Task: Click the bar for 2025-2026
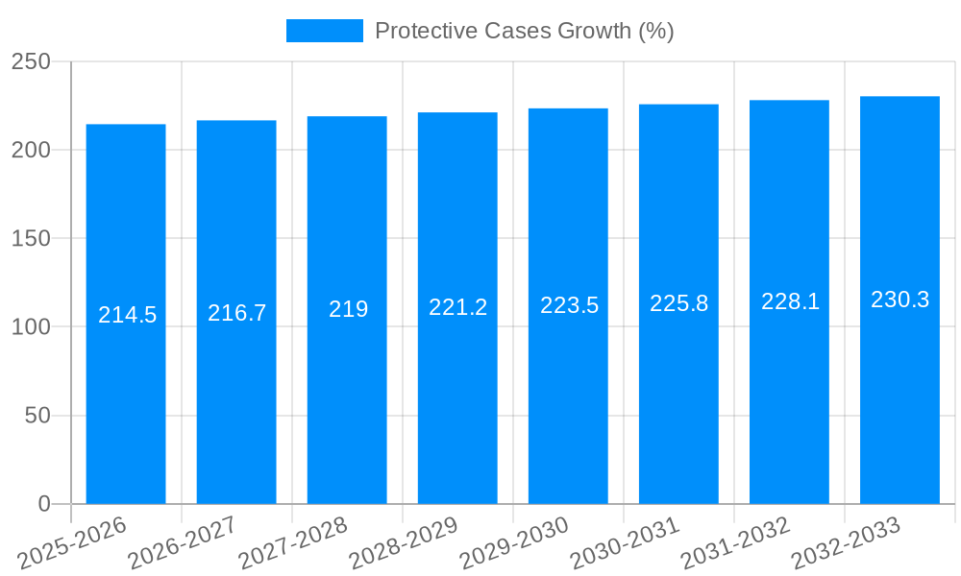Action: click(x=126, y=403)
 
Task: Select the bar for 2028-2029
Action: click(x=457, y=403)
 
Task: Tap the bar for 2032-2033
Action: click(x=899, y=403)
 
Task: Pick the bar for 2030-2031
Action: click(x=678, y=403)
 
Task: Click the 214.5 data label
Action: click(x=127, y=315)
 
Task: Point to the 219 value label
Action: click(x=348, y=309)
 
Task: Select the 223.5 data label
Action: click(x=569, y=305)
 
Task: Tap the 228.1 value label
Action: click(x=790, y=301)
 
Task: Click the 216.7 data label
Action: click(x=236, y=313)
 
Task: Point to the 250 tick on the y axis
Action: click(x=31, y=61)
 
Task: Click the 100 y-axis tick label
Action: click(x=31, y=327)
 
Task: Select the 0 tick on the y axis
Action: click(x=44, y=504)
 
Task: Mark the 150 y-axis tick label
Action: click(x=31, y=238)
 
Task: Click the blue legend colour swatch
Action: click(x=324, y=31)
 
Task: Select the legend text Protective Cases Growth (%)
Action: click(x=524, y=31)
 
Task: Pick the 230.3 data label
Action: click(x=899, y=300)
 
